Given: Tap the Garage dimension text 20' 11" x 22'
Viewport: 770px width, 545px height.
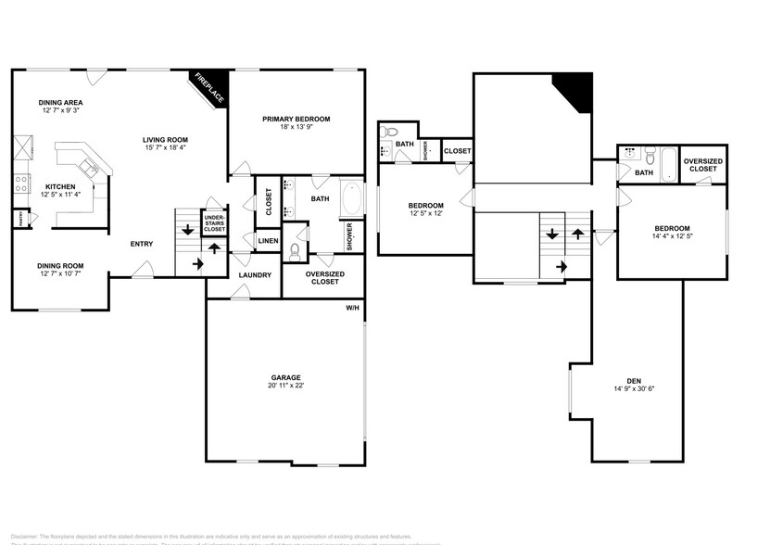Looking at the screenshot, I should click(285, 386).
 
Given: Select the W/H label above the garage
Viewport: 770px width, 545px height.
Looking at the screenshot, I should click(352, 308).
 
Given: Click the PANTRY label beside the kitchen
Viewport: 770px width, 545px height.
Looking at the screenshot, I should click(19, 219).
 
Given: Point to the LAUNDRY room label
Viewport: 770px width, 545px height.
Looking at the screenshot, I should click(254, 275).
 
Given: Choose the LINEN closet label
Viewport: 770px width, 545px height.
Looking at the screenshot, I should click(269, 241).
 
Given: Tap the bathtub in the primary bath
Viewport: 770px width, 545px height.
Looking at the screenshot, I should click(353, 198).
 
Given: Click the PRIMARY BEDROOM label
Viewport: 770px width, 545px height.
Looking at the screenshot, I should click(296, 119).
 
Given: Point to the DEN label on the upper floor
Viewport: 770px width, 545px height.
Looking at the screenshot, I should click(634, 381).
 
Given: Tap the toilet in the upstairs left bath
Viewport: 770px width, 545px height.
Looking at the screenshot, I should click(390, 131).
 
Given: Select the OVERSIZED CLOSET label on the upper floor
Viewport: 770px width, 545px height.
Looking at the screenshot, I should click(702, 165).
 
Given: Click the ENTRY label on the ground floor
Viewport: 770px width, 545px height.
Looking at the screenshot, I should click(142, 244).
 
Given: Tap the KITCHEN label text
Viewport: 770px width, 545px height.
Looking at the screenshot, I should click(60, 186).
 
